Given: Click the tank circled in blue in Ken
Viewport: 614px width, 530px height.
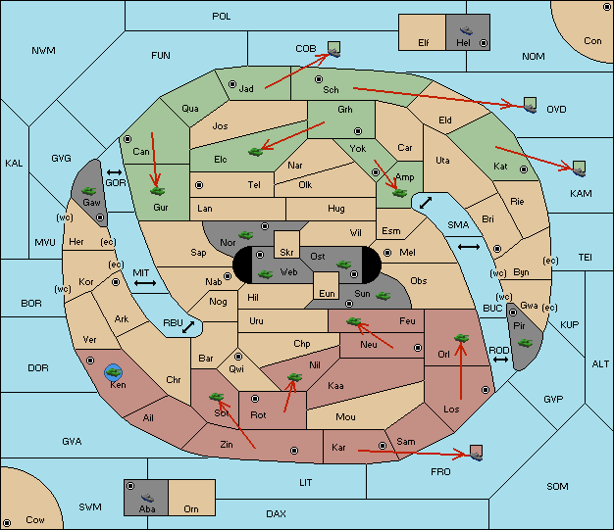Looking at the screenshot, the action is [114, 372].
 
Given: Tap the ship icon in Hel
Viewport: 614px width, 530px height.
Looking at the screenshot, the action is [466, 30].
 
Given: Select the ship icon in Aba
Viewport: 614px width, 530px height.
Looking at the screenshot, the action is [147, 497].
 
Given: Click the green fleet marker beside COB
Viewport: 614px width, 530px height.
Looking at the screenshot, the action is [334, 49].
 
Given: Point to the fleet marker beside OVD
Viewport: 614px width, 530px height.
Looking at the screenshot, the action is [530, 105].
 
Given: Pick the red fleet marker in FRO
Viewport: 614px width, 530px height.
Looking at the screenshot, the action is [476, 453].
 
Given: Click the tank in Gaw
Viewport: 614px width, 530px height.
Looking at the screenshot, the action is [89, 191].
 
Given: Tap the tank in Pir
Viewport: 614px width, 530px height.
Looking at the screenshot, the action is [525, 343].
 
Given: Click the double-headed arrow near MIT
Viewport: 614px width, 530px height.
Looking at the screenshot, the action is [145, 283].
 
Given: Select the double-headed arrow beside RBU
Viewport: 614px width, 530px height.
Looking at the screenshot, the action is [188, 327].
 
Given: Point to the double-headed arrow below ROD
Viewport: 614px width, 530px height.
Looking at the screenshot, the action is [500, 360].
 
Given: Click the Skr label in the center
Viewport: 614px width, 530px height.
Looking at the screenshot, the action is [286, 253].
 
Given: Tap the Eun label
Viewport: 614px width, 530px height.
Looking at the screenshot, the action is [327, 293].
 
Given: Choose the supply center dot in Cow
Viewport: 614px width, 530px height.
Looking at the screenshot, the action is [7, 523].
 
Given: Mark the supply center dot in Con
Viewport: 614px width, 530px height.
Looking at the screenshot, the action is [607, 7].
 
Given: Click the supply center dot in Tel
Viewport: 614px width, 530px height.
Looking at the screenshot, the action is [199, 184].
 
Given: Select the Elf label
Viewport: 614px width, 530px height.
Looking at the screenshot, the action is [424, 43].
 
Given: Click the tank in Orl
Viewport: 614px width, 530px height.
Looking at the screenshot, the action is [461, 338].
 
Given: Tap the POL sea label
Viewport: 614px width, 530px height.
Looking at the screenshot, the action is [222, 17].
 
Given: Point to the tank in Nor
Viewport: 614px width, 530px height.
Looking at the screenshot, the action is [245, 235].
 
